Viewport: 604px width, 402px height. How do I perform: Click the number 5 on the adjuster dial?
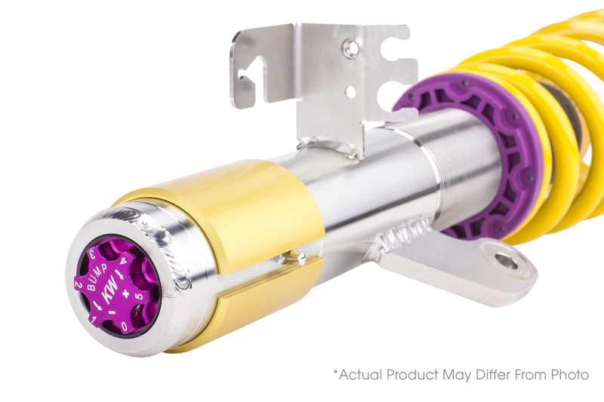[x=137, y=296]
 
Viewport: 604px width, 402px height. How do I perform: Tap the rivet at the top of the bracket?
[x=350, y=48]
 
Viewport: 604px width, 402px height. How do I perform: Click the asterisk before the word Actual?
[x=336, y=372]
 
